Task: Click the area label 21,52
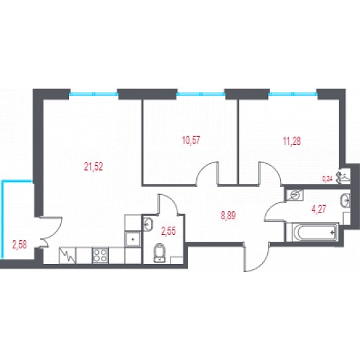[93, 166]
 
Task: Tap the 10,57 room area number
[191, 140]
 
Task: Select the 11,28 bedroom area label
[292, 141]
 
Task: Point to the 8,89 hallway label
[228, 216]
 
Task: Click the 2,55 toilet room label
[168, 231]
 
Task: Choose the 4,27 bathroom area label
[319, 209]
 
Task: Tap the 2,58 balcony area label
[20, 245]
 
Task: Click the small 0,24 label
[328, 179]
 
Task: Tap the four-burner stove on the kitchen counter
[100, 255]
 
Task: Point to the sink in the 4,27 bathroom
[346, 200]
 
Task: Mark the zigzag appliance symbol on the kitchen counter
[67, 255]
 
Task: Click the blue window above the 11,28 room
[294, 94]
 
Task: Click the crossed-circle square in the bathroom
[295, 195]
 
